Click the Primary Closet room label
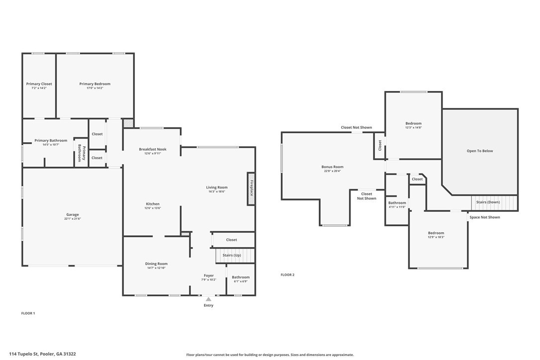coord(39,84)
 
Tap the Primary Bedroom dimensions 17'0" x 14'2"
coord(94,88)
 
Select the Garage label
coord(72,215)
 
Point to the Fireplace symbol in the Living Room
coord(252,188)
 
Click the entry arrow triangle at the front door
coord(209,299)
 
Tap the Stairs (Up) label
coord(232,255)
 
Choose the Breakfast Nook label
coord(153,149)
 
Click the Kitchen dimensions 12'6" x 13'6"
coord(153,208)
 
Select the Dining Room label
coord(156,264)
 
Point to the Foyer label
coord(209,275)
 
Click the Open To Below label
coord(480,151)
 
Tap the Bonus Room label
coord(332,167)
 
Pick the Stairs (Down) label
coord(488,202)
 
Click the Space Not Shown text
coord(484,217)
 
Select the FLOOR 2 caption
coord(287,275)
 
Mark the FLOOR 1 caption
coord(28,313)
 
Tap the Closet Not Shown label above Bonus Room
coord(357,127)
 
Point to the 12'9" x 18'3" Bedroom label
coord(436,233)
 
